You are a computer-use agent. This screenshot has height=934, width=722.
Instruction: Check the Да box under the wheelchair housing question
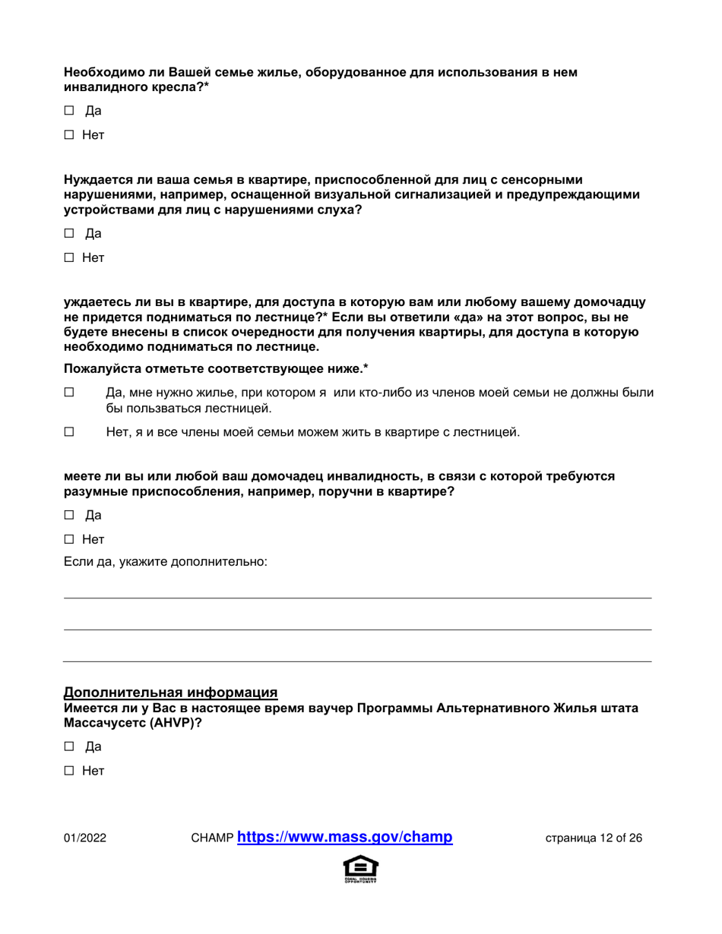[x=68, y=112]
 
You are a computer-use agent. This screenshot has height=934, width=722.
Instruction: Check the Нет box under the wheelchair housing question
[x=68, y=137]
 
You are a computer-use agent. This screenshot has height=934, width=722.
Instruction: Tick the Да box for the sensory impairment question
[x=68, y=233]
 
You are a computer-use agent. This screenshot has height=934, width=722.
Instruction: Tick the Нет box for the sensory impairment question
[x=68, y=258]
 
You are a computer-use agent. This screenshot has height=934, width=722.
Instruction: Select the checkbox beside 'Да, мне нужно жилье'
[x=68, y=393]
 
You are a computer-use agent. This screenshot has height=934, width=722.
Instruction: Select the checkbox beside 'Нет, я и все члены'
[x=68, y=432]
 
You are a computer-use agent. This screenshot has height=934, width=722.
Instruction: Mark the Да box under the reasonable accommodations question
[x=68, y=516]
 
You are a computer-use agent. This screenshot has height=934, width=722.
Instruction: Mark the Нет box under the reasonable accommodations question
[x=68, y=541]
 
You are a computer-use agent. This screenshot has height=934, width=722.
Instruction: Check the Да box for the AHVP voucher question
[x=68, y=746]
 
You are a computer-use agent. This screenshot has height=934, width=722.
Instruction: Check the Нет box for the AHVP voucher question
[x=68, y=771]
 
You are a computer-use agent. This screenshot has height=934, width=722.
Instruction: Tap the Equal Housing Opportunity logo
[x=361, y=869]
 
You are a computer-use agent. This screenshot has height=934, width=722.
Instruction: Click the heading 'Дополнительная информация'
[x=170, y=693]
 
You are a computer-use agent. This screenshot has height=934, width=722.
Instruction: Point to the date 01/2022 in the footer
[x=84, y=839]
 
